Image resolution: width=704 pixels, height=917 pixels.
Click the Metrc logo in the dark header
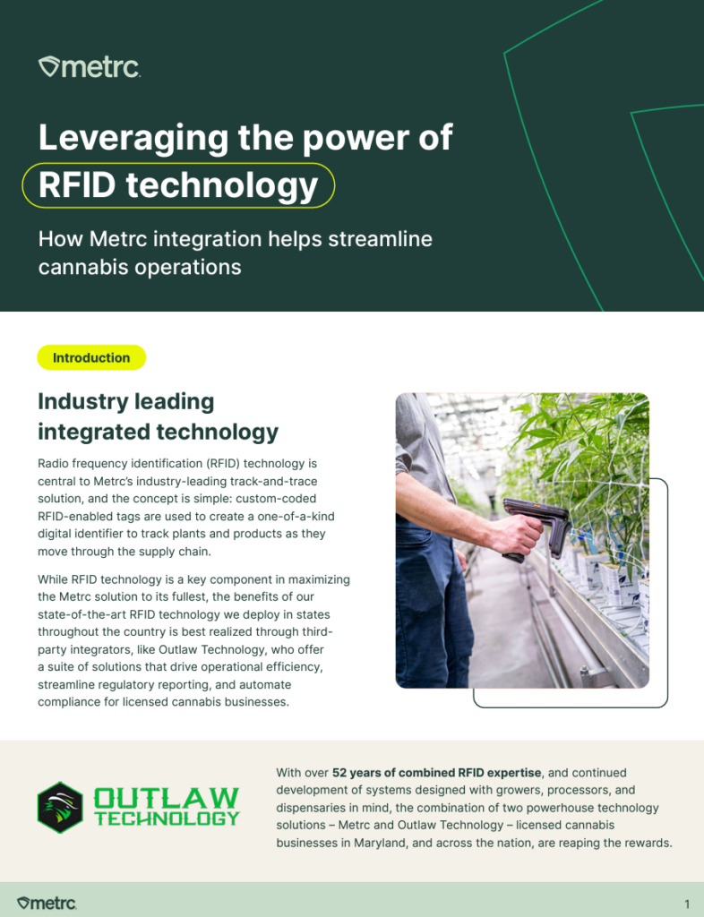pos(90,67)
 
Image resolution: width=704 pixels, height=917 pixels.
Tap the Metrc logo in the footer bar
pos(47,903)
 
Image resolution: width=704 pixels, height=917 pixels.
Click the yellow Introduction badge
pos(91,357)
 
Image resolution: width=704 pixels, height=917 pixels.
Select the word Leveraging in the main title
pos(133,139)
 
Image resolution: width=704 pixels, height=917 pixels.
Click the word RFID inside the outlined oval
pos(77,184)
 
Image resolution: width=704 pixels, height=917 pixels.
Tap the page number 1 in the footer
pos(687,904)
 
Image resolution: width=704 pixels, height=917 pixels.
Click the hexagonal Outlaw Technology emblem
pos(60,807)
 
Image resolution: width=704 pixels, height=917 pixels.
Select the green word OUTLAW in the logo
pos(167,798)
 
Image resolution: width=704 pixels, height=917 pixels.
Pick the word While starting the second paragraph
pos(53,579)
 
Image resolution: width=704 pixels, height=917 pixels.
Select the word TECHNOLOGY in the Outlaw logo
pos(167,818)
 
